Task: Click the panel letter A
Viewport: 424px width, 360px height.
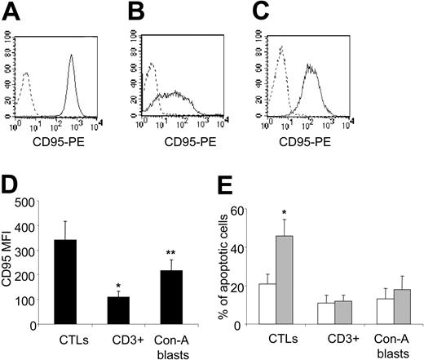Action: point(11,11)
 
